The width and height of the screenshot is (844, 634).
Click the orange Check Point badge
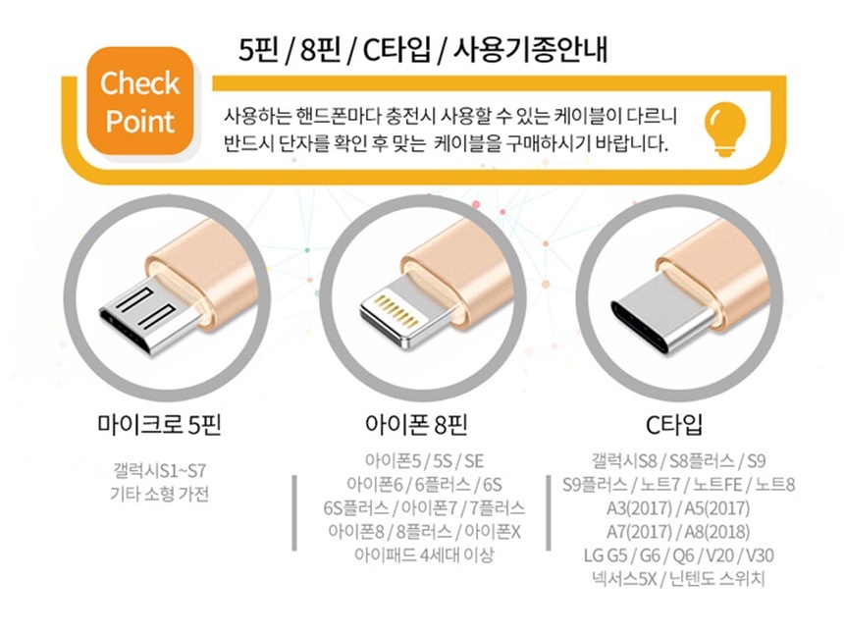coord(140,101)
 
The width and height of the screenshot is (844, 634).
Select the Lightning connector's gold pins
coord(396,311)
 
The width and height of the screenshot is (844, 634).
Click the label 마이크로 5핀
coord(159,425)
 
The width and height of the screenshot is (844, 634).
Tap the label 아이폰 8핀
coord(416,425)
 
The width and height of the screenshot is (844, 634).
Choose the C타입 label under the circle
coord(674,425)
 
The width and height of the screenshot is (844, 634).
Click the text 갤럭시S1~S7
coord(159,471)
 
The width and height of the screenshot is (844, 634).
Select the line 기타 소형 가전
coord(159,494)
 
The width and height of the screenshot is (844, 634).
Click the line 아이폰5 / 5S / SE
coord(424,461)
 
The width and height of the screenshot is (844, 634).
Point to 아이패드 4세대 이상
coord(424,555)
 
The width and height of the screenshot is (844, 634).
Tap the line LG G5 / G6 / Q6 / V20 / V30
coord(679,555)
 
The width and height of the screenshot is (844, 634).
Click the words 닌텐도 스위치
coord(717,579)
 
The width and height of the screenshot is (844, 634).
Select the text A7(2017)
coord(640,532)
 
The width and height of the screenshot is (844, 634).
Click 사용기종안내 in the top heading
coord(530,50)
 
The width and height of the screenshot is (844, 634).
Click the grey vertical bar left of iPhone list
coord(294,513)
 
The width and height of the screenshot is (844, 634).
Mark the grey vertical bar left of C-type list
coord(549,513)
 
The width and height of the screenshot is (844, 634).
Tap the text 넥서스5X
coord(624,579)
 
